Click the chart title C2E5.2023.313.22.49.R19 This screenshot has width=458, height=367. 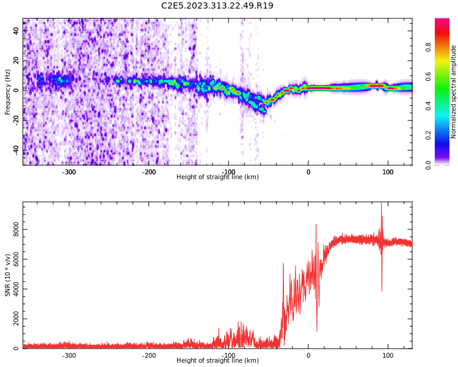coord(217,6)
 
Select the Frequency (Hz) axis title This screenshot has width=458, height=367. coord(8,92)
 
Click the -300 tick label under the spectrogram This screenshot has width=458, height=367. coord(69,172)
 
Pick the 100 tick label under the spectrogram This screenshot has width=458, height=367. coord(388,172)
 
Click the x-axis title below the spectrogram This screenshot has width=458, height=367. coord(217,177)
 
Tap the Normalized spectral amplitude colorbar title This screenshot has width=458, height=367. coord(454,92)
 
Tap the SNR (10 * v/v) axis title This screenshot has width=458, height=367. coord(8,275)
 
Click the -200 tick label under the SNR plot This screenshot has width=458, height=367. coord(149,355)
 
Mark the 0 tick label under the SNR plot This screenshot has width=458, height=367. coord(308,355)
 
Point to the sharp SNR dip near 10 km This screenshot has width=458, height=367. coord(317,330)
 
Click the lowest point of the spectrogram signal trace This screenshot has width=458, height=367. coord(264,113)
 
